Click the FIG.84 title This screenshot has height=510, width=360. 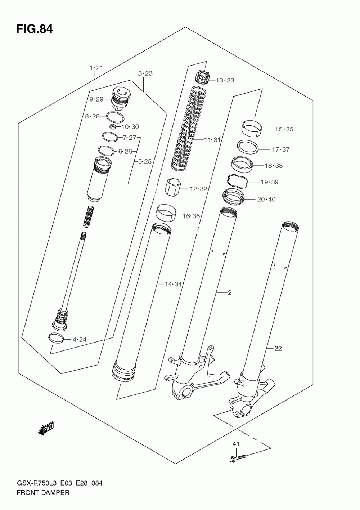(34, 29)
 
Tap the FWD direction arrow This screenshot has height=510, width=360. (46, 429)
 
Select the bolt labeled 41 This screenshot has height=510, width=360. (238, 458)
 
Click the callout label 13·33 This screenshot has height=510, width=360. (225, 80)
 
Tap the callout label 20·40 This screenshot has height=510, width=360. (266, 199)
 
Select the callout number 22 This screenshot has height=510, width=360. (278, 348)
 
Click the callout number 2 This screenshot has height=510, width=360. (229, 293)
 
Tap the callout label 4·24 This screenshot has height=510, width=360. (79, 339)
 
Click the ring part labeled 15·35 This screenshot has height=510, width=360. (251, 128)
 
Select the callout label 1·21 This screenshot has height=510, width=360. (96, 68)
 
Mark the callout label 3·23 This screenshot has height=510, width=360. (145, 73)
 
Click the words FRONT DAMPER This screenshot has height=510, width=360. (43, 492)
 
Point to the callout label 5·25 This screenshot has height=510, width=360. (145, 161)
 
